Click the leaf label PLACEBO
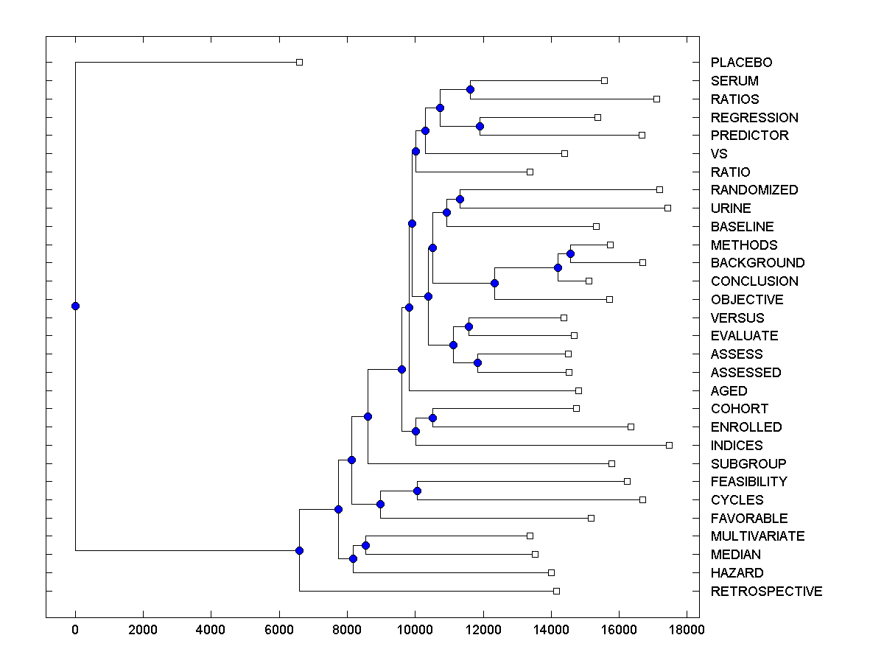(741, 63)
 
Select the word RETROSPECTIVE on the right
(766, 592)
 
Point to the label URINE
(731, 208)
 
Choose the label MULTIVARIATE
(757, 536)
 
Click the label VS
(718, 154)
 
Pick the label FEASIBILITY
(748, 482)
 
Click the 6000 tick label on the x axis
(278, 631)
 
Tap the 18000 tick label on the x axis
(687, 631)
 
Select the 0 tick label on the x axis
(75, 631)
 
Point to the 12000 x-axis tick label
(483, 631)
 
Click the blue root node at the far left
(75, 306)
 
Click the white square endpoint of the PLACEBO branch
(299, 63)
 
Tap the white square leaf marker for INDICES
(669, 445)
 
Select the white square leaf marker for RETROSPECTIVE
(556, 591)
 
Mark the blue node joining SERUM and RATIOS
(470, 90)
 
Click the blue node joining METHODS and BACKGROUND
(570, 253)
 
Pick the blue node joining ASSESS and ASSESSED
(477, 362)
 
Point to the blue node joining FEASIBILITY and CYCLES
(417, 491)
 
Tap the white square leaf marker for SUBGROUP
(611, 463)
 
